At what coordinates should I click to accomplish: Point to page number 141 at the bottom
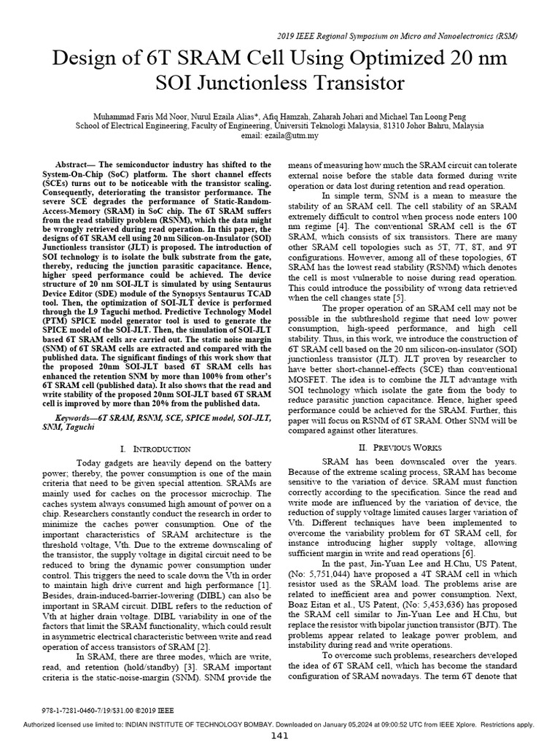coord(280,736)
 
